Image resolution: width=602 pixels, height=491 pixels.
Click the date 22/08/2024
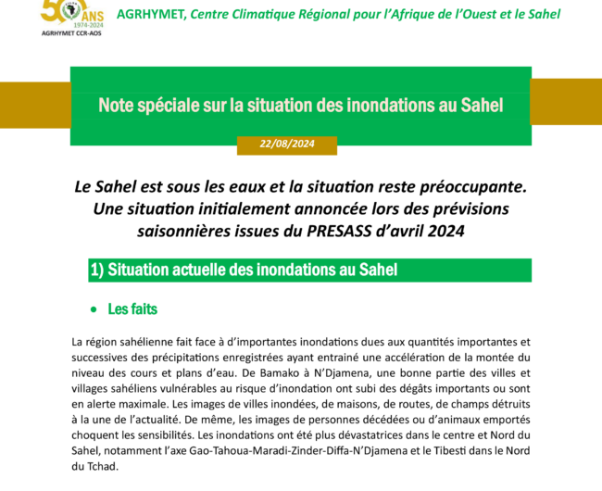[288, 144]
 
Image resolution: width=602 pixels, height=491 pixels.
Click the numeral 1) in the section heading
[96, 271]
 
